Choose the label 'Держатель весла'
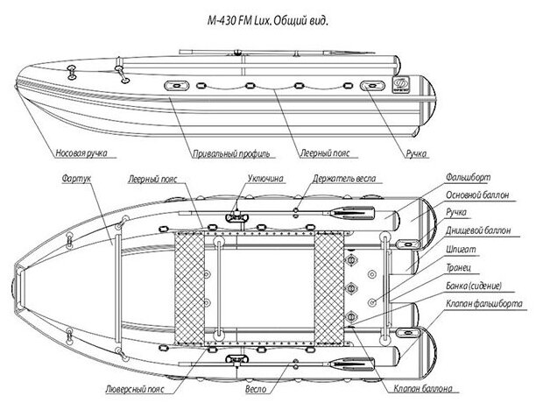pos(344,176)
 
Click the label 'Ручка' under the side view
pos(415,154)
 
